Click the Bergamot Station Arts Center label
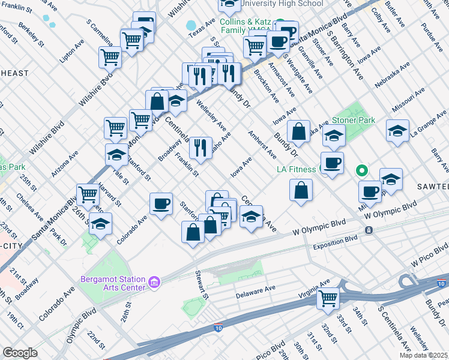113,283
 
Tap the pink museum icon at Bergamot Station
154,281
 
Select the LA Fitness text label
296,169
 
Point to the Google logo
20,353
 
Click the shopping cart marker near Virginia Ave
328,298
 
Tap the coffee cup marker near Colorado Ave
161,204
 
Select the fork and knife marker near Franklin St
200,147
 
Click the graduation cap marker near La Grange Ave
397,131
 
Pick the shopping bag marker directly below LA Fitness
301,191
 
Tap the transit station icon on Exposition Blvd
369,230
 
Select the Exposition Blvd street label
335,245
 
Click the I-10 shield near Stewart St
218,328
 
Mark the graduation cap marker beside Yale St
116,155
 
